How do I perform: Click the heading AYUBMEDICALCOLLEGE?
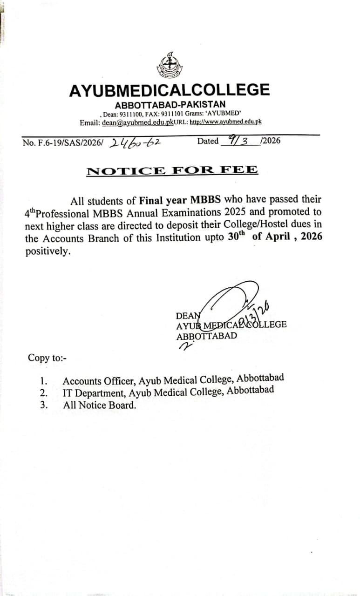click(x=170, y=90)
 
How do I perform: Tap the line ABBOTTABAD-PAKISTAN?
click(x=170, y=105)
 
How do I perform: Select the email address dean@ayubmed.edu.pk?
click(x=138, y=122)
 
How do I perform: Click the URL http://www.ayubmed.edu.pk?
click(x=225, y=122)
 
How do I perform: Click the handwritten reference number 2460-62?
click(x=135, y=142)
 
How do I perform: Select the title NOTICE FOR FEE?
click(x=172, y=170)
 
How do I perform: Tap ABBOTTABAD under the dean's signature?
click(x=206, y=336)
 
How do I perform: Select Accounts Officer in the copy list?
click(x=99, y=381)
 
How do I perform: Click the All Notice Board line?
click(x=100, y=405)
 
